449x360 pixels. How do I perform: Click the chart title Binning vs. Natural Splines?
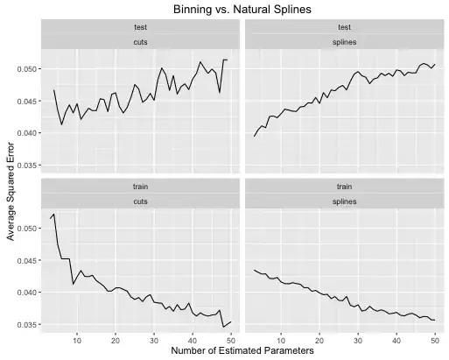[x=224, y=10]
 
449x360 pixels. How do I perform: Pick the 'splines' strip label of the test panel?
[x=343, y=41]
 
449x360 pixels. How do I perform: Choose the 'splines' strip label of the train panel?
[x=343, y=201]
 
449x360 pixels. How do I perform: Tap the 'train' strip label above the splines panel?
[x=343, y=186]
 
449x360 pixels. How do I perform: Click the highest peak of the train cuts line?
[x=54, y=214]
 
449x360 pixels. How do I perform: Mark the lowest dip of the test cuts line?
[x=61, y=124]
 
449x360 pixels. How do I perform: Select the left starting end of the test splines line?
[x=254, y=136]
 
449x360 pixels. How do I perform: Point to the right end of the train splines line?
[x=434, y=320]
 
